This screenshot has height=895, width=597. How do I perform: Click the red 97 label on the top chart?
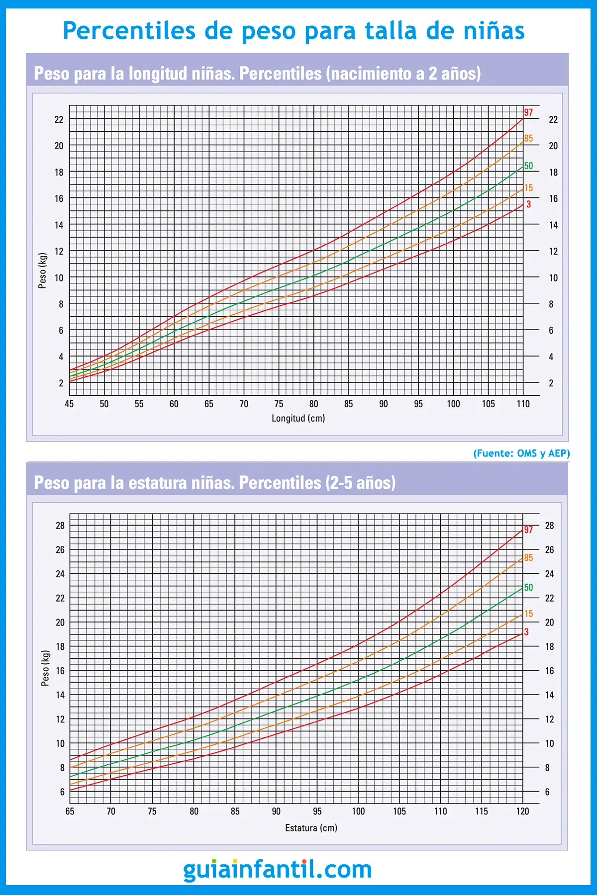point(528,112)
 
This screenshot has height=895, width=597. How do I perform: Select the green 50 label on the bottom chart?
point(528,587)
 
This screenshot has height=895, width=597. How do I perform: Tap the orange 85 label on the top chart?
point(528,138)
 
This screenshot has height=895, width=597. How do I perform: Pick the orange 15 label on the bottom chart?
point(528,614)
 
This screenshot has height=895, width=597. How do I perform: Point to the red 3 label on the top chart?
point(528,204)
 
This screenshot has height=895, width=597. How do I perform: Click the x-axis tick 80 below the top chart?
point(313,404)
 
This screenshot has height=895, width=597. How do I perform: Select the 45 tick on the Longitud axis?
point(69,404)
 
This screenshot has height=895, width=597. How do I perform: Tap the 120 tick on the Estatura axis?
point(522,811)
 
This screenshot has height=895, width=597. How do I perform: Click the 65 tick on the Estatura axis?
point(70,811)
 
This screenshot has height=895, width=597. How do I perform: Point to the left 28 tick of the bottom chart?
point(60,526)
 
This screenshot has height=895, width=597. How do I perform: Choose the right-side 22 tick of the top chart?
point(553,120)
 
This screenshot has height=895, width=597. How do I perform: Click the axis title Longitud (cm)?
point(298,418)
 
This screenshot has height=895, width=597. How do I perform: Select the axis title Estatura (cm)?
point(311,828)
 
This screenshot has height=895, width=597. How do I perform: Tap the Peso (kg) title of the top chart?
point(43,270)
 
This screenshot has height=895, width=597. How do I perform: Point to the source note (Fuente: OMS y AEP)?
point(521,453)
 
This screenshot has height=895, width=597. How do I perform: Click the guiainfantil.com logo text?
point(278,869)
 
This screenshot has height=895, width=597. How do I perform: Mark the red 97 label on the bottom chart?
point(528,530)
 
